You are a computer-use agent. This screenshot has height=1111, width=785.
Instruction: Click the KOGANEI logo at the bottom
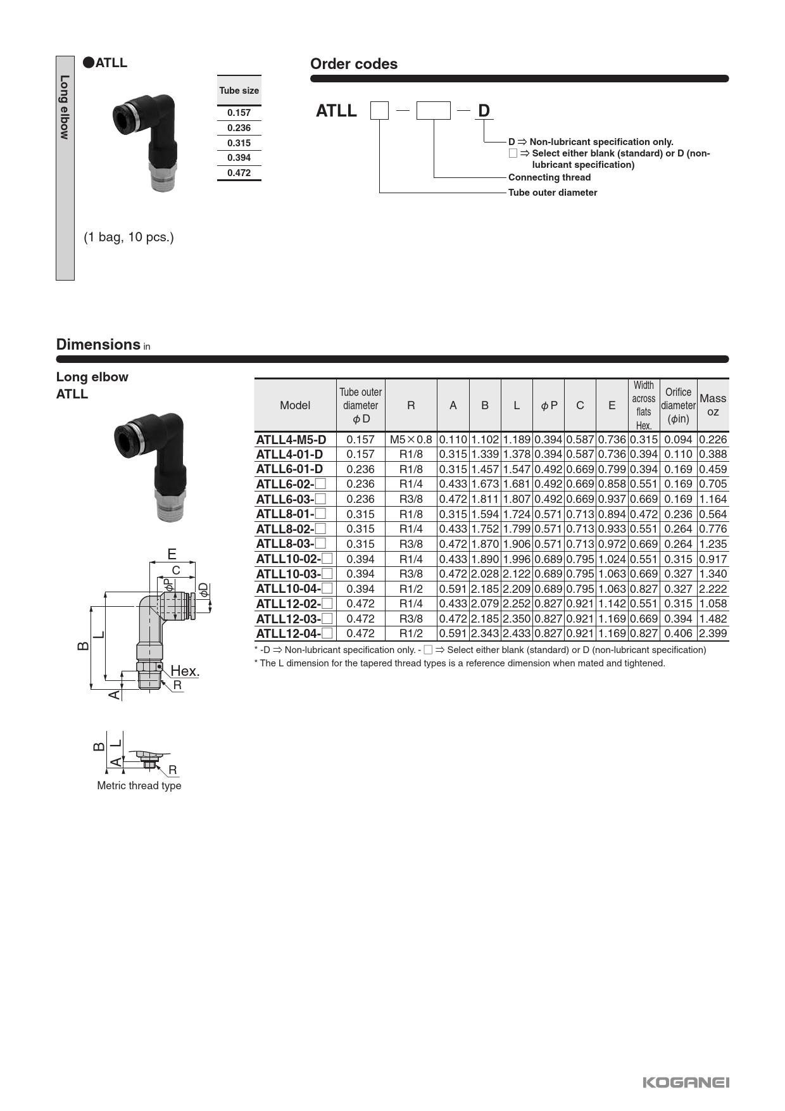(x=686, y=1082)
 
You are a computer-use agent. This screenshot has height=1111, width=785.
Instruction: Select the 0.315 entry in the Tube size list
(x=239, y=143)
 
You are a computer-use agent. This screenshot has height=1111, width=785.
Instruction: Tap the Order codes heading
(x=353, y=64)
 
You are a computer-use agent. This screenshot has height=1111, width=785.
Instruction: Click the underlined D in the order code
(x=484, y=111)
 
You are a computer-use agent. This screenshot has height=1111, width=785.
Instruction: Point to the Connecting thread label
(x=549, y=177)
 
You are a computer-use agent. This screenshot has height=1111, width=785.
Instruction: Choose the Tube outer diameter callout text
(x=552, y=193)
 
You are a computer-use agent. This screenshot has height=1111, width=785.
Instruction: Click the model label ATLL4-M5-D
(x=291, y=440)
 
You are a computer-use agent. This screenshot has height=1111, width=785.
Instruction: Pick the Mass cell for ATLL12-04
(x=712, y=633)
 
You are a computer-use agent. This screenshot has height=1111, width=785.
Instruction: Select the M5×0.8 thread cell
(x=411, y=440)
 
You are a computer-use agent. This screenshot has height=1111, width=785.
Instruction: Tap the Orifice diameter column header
(x=678, y=405)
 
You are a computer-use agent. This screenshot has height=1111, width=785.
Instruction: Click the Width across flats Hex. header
(x=643, y=405)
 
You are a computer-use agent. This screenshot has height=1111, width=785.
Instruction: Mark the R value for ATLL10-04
(x=411, y=589)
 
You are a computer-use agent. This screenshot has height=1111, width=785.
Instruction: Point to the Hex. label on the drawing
(x=185, y=671)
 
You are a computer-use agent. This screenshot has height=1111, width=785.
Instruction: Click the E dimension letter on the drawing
(x=172, y=554)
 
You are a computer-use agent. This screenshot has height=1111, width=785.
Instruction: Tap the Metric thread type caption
(x=139, y=785)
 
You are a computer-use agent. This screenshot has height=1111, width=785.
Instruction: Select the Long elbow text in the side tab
(x=65, y=107)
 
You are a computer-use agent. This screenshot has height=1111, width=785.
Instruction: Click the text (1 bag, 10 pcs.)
(x=129, y=238)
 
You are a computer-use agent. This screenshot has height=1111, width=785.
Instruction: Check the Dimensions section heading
(x=98, y=345)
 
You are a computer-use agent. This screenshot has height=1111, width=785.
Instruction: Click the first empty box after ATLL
(x=379, y=111)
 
